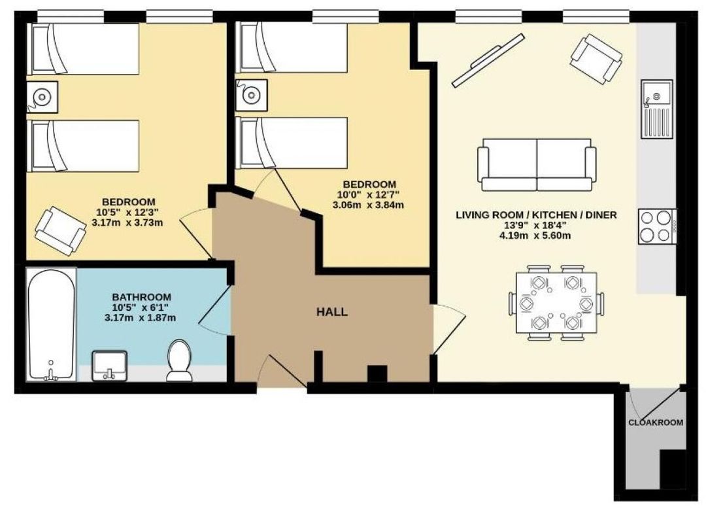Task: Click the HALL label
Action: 332,312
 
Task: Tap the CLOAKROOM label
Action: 656,423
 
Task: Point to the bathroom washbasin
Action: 110,366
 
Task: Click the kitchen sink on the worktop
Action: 657,109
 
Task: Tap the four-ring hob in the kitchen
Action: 657,226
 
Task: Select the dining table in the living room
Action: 556,302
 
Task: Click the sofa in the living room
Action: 536,164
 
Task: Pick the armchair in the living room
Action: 596,59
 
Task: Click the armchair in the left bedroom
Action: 61,231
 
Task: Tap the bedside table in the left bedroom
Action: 42,97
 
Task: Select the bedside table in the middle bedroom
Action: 251,95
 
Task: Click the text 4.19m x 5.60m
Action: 535,236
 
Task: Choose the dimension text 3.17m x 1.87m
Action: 140,318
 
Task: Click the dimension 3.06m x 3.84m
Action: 368,205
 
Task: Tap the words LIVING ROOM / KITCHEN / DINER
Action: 536,215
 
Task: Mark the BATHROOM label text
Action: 141,298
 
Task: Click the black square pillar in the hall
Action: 377,374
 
